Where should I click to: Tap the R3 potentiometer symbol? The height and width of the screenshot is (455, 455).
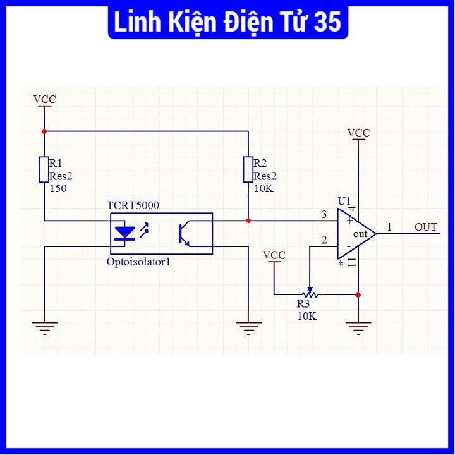[310, 294]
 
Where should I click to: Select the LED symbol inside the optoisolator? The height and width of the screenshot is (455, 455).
[126, 234]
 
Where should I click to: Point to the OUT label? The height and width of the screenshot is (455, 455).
[426, 227]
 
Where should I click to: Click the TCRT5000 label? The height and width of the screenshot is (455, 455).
[133, 206]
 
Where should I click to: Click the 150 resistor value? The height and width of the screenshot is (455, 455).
[58, 188]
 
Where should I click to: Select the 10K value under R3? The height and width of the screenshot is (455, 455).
[307, 315]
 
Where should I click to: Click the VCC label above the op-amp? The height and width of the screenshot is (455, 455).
[359, 133]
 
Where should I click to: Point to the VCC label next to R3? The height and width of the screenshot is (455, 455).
[274, 255]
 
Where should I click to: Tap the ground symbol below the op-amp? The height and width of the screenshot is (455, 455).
[358, 327]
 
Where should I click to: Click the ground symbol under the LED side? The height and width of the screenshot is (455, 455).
[44, 327]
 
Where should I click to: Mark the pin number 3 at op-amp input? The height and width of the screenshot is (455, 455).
[324, 215]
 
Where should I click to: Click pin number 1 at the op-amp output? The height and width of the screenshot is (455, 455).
[389, 226]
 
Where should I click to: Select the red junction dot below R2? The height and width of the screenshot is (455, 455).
[248, 221]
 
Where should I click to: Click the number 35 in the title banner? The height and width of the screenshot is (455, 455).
[327, 23]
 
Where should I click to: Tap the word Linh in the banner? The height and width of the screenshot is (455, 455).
[135, 23]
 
